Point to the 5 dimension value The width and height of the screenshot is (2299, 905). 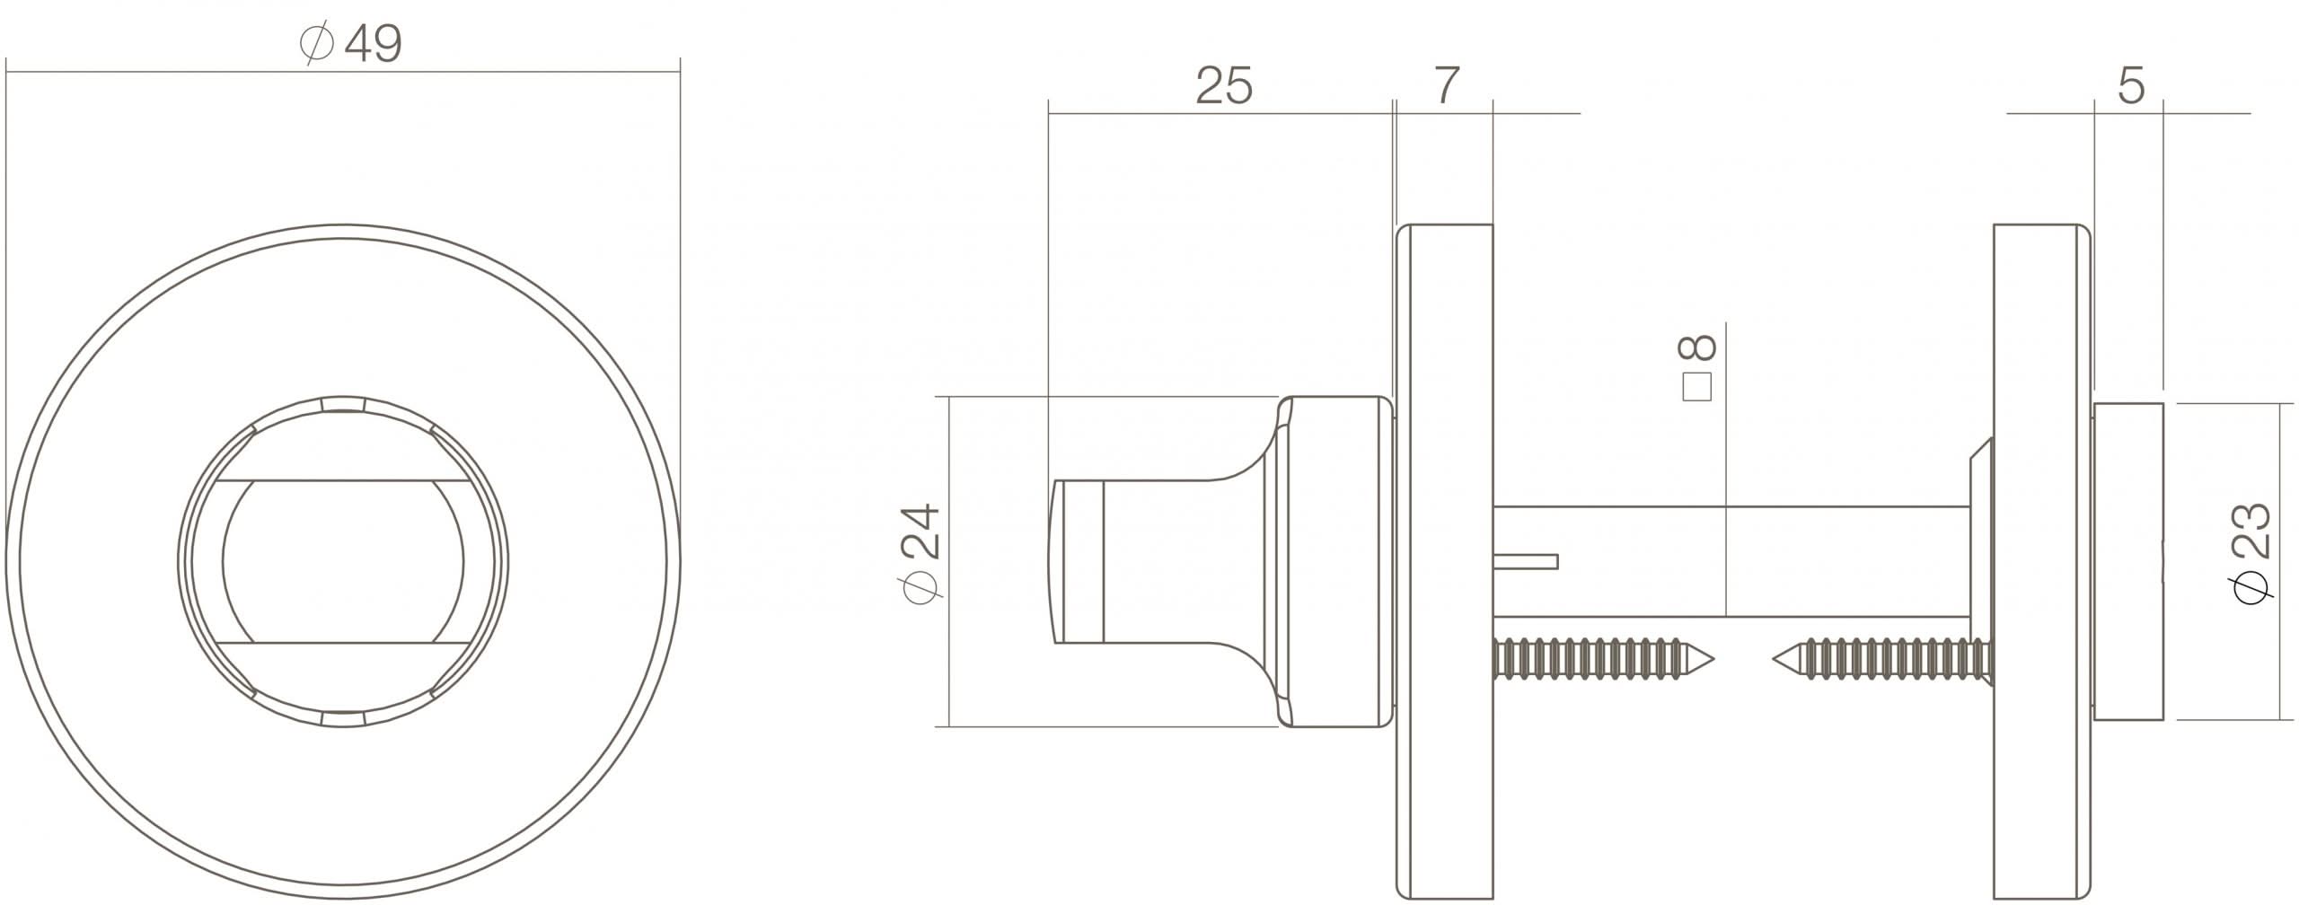pyautogui.click(x=2130, y=87)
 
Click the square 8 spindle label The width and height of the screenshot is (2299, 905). pyautogui.click(x=1696, y=368)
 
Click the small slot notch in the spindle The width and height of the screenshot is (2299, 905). pyautogui.click(x=1527, y=562)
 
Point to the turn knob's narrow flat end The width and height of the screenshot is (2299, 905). pyautogui.click(x=1059, y=561)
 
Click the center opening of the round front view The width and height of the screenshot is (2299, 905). pyautogui.click(x=343, y=562)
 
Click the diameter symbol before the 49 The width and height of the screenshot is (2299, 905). pyautogui.click(x=317, y=44)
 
